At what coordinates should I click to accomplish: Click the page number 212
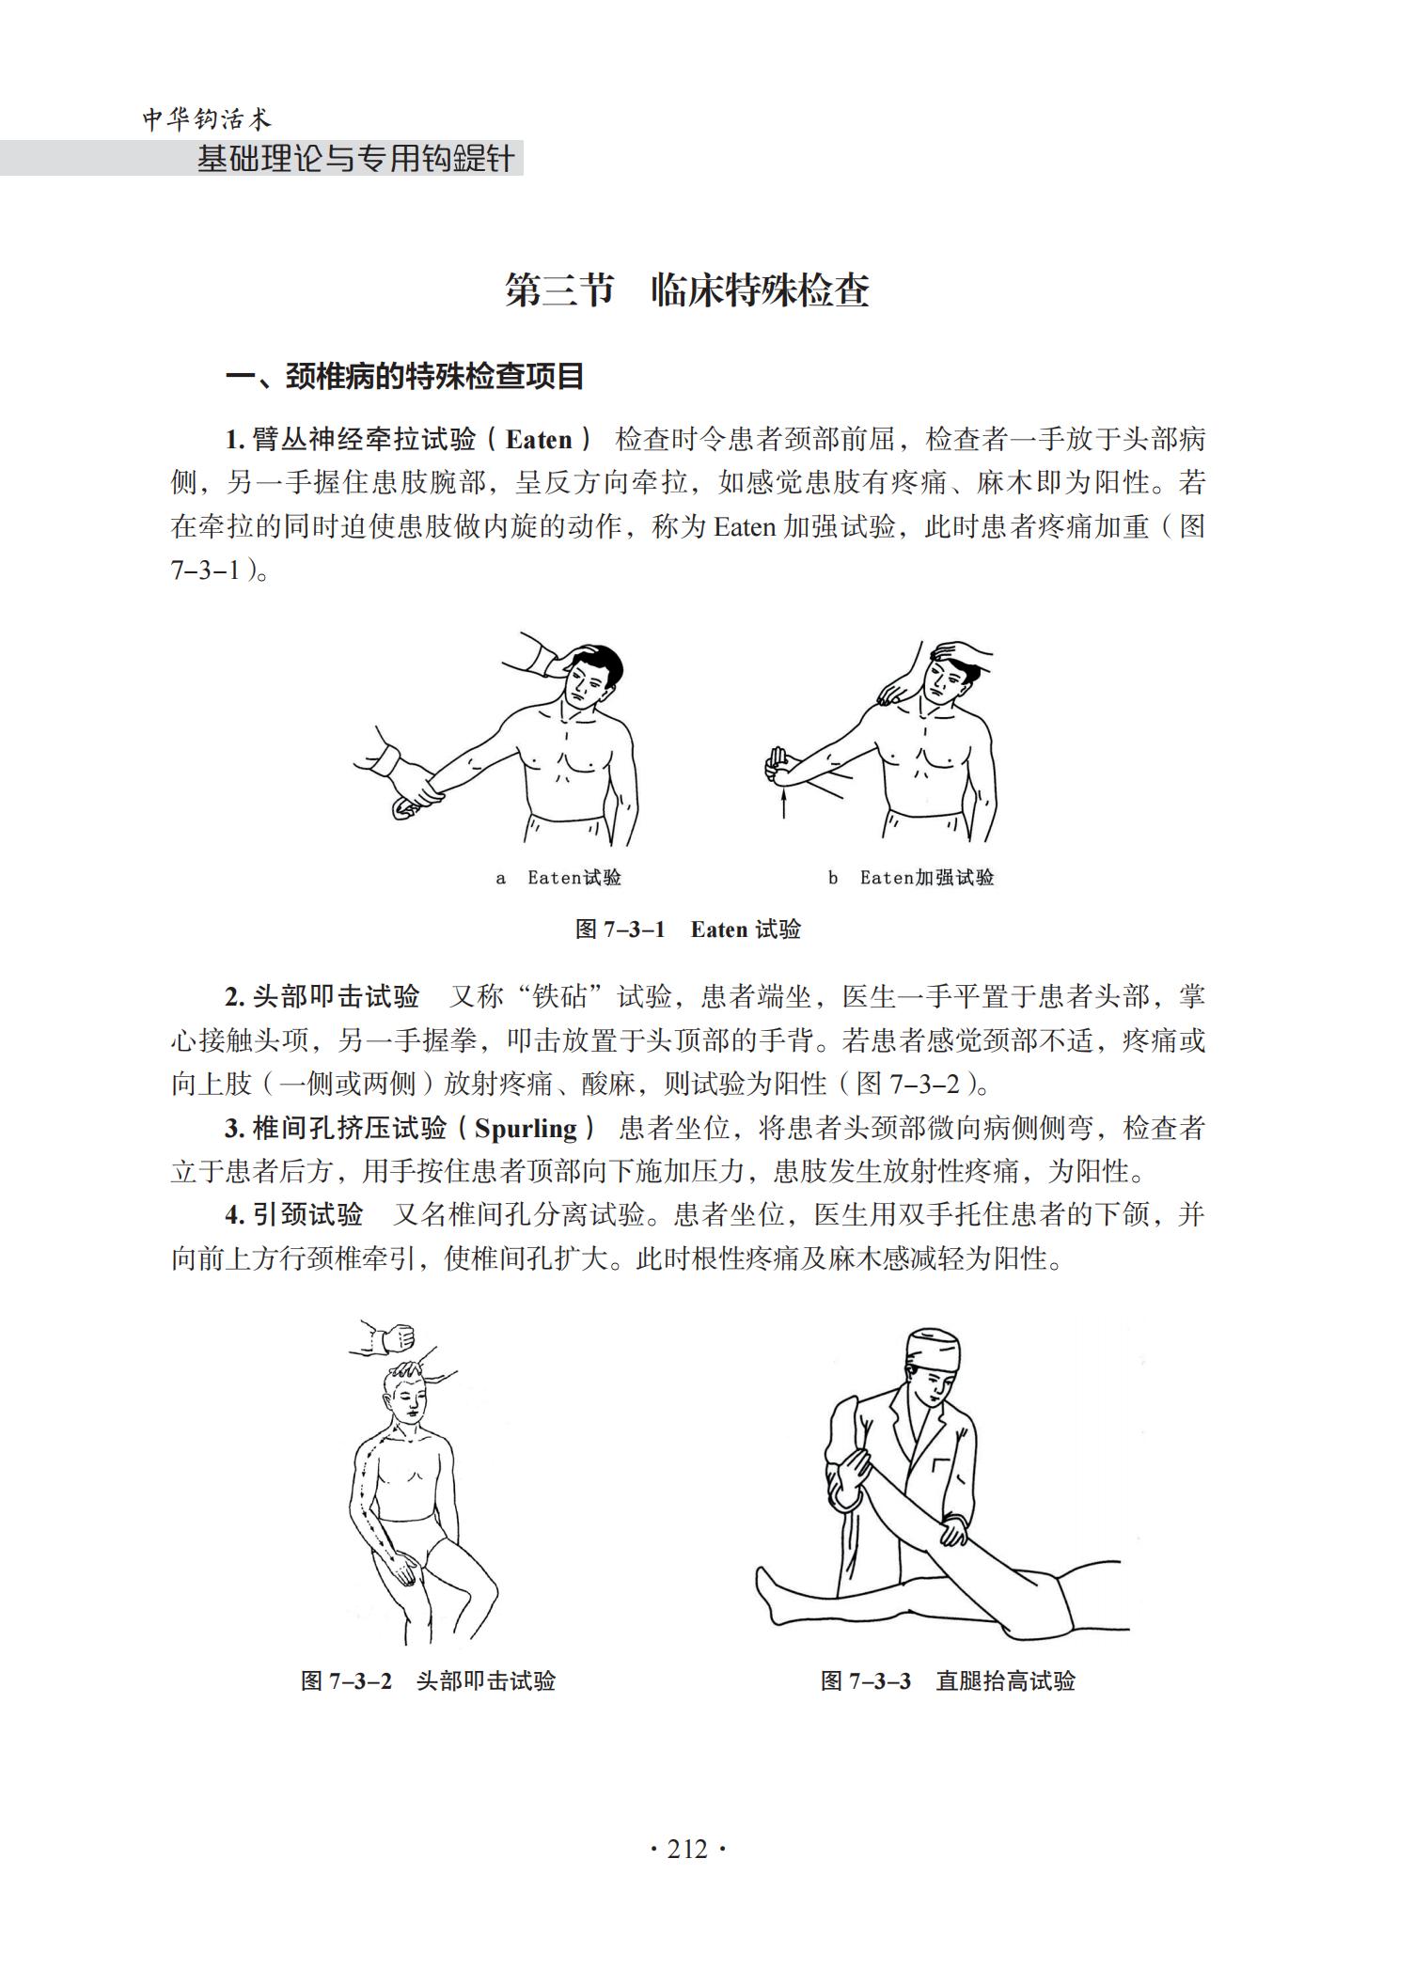[687, 1850]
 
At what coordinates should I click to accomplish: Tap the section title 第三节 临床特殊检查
[687, 290]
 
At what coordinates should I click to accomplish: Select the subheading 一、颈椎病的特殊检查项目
[405, 377]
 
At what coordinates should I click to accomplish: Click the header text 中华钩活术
[207, 119]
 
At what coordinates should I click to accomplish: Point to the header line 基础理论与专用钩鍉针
[355, 159]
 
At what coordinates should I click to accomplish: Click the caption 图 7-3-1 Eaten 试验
[687, 929]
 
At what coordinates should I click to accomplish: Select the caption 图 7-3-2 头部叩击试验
[428, 1680]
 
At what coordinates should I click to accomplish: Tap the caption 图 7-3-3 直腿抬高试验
[948, 1680]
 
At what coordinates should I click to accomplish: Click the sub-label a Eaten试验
[558, 878]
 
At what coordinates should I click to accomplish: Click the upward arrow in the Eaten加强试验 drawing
[783, 804]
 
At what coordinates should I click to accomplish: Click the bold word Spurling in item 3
[526, 1128]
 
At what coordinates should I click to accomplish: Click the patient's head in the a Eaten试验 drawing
[590, 677]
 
